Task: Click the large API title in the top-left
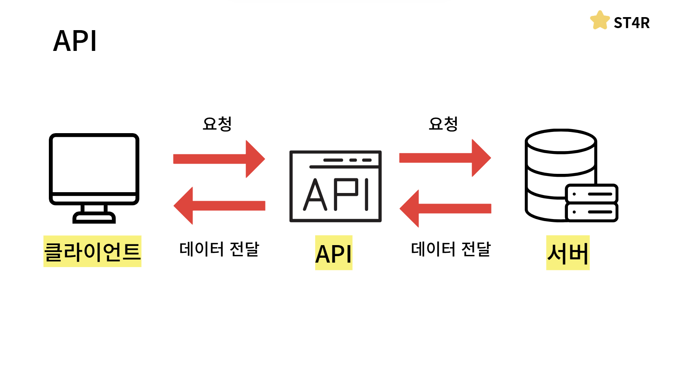pos(75,41)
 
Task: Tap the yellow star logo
pos(600,21)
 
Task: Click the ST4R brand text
pos(631,23)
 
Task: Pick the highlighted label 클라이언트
pos(92,251)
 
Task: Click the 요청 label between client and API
pos(217,124)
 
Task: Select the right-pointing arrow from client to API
pos(219,159)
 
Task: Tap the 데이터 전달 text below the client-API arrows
pos(219,249)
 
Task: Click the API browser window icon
pos(335,186)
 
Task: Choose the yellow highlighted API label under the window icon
pos(333,253)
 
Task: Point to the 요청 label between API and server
pos(443,124)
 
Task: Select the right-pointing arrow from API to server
pos(445,158)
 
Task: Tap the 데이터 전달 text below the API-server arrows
pos(451,249)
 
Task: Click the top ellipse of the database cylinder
pos(561,141)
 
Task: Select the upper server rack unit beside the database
pos(592,194)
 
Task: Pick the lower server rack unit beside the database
pos(592,212)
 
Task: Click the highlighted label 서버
pos(568,253)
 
